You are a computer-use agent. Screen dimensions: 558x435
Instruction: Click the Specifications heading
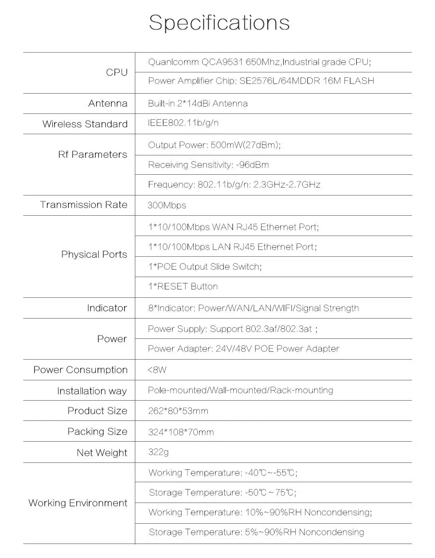point(219,23)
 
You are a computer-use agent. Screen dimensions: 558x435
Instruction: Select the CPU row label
point(116,72)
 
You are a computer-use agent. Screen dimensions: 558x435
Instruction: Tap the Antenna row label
point(108,103)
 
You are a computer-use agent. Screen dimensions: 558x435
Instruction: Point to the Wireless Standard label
point(85,124)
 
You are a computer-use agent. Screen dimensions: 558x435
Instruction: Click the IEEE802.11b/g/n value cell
point(184,123)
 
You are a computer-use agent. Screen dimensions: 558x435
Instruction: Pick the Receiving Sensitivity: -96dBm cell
point(208,165)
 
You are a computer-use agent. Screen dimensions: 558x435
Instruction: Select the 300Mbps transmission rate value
point(167,206)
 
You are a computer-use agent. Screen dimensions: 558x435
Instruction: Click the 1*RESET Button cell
point(183,287)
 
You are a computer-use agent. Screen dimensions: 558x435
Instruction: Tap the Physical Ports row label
point(94,254)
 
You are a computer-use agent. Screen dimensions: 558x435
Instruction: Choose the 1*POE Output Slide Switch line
point(205,266)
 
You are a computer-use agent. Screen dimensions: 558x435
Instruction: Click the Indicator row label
point(107,308)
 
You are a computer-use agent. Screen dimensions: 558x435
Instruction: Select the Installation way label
point(92,391)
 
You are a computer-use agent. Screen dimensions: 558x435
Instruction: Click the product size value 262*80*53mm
point(178,411)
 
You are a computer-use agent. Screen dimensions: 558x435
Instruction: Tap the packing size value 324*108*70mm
point(181,432)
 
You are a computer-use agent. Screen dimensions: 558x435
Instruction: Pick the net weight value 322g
point(159,453)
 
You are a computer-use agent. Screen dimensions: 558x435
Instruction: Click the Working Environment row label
point(78,503)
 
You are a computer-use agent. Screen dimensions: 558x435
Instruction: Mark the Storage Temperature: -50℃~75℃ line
point(222,493)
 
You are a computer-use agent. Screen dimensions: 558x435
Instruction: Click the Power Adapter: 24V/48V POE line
point(244,349)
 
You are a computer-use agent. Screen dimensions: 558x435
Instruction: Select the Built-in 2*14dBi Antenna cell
point(198,104)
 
